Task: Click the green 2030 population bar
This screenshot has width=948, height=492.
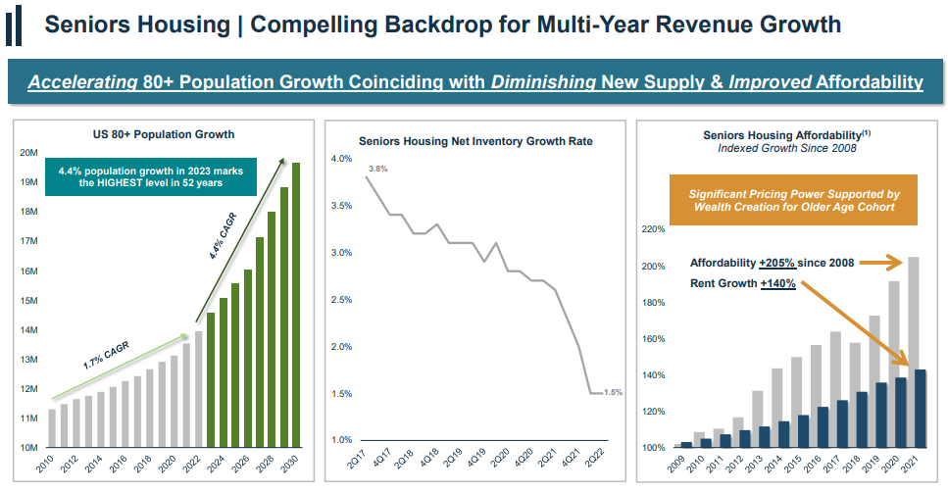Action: pyautogui.click(x=294, y=304)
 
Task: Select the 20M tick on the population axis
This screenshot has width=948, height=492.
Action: pyautogui.click(x=28, y=153)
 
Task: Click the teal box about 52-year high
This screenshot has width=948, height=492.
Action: pyautogui.click(x=150, y=177)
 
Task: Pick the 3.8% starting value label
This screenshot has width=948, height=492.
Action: pyautogui.click(x=377, y=169)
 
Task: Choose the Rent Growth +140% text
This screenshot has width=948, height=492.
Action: pyautogui.click(x=742, y=284)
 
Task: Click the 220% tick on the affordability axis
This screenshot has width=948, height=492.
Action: pyautogui.click(x=651, y=229)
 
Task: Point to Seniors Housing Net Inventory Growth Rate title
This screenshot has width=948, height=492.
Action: pyautogui.click(x=475, y=141)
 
